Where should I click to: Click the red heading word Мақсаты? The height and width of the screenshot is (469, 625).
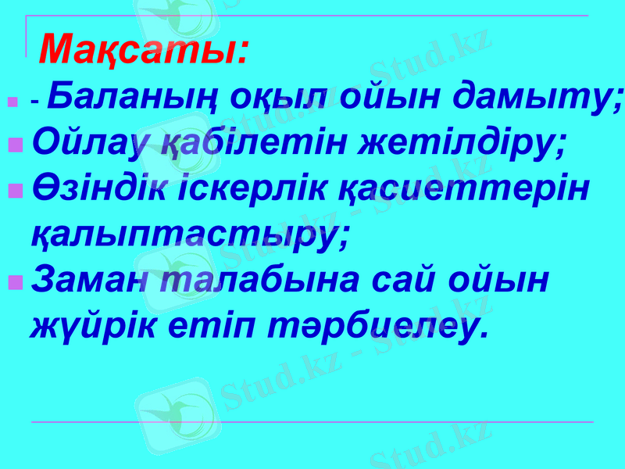coord(144,50)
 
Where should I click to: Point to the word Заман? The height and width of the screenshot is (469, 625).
coord(87,279)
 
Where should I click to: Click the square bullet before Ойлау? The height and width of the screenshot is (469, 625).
coord(15,145)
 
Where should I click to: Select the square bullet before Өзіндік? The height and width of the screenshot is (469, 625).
coord(15,191)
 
